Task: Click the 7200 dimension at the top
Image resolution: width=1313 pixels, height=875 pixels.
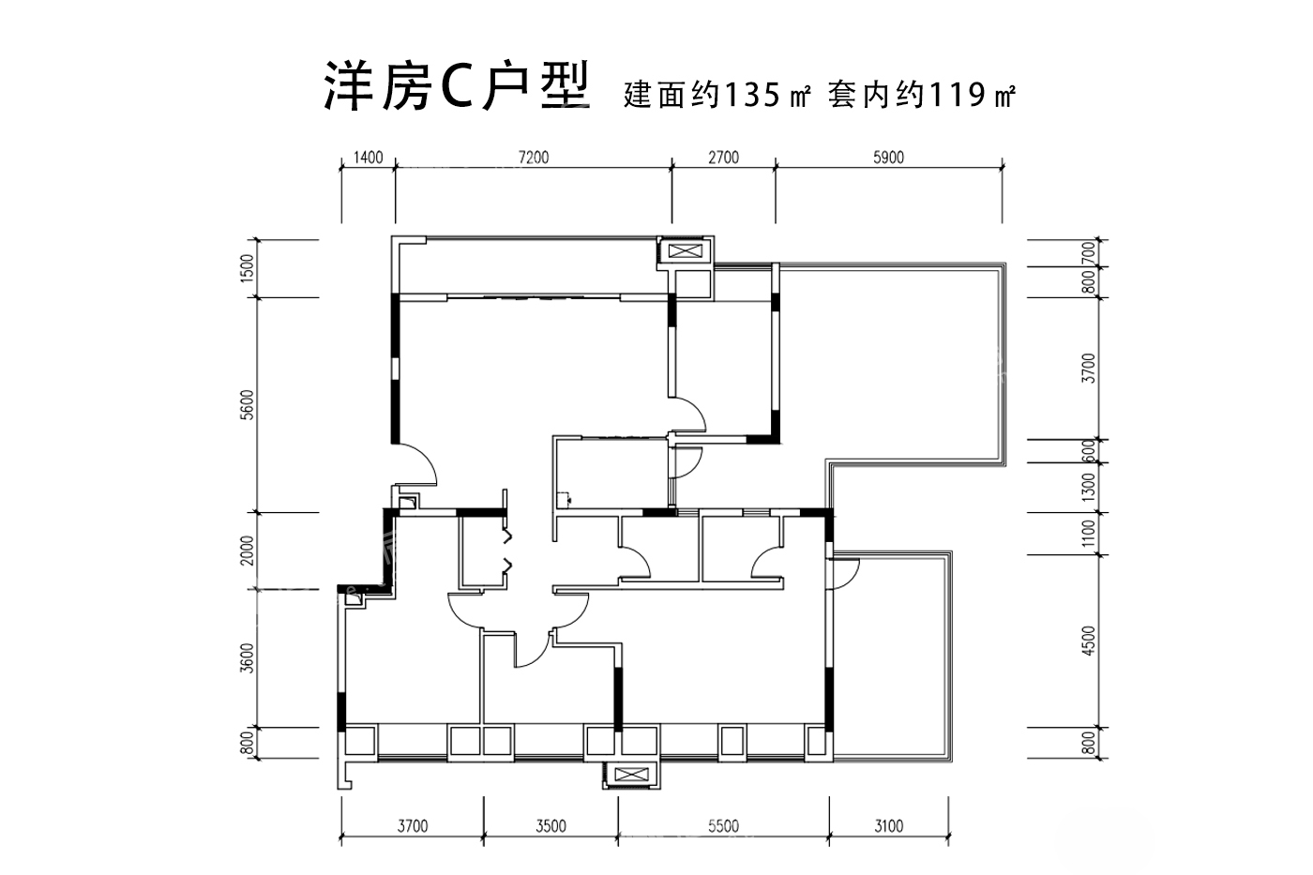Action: tap(534, 158)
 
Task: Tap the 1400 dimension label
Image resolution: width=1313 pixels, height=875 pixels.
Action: tap(368, 158)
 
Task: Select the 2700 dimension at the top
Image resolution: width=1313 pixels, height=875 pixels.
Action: tap(723, 158)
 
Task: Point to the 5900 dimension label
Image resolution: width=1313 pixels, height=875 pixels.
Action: tap(888, 158)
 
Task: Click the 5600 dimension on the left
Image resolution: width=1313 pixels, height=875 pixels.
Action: tap(248, 404)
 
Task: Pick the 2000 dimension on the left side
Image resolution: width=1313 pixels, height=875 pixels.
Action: tap(248, 551)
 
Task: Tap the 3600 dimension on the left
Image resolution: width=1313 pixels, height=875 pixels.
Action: tap(248, 658)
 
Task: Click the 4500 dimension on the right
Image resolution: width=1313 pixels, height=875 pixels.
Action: tap(1088, 641)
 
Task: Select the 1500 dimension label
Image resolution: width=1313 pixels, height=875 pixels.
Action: tap(248, 268)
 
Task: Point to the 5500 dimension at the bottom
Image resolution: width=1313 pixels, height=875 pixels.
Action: tap(723, 826)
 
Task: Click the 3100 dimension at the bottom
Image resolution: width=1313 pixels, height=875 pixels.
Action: tap(889, 826)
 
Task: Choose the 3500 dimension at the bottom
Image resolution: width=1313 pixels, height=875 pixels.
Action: tap(551, 826)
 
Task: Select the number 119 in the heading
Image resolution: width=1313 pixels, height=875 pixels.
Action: tap(957, 95)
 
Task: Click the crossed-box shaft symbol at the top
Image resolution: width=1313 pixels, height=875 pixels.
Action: tap(685, 251)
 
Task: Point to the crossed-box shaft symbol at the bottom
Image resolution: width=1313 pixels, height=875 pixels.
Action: tap(631, 775)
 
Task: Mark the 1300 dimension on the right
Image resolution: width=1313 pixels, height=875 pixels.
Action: tap(1088, 487)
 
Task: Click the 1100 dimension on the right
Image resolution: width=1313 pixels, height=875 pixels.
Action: tap(1088, 534)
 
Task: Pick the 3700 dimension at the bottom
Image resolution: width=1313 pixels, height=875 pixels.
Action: tap(413, 826)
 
